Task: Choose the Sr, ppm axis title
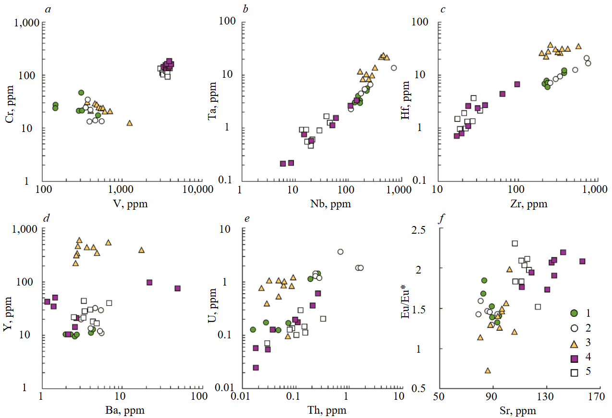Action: tap(519, 411)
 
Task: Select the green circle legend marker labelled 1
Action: tap(574, 313)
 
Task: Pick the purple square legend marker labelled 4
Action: tap(574, 358)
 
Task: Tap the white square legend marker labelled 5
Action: tap(574, 373)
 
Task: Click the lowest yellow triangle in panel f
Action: tap(488, 370)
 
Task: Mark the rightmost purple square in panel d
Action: tap(177, 288)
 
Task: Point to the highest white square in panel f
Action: tap(514, 243)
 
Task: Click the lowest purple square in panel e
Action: tap(256, 368)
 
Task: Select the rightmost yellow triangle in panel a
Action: tap(129, 123)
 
